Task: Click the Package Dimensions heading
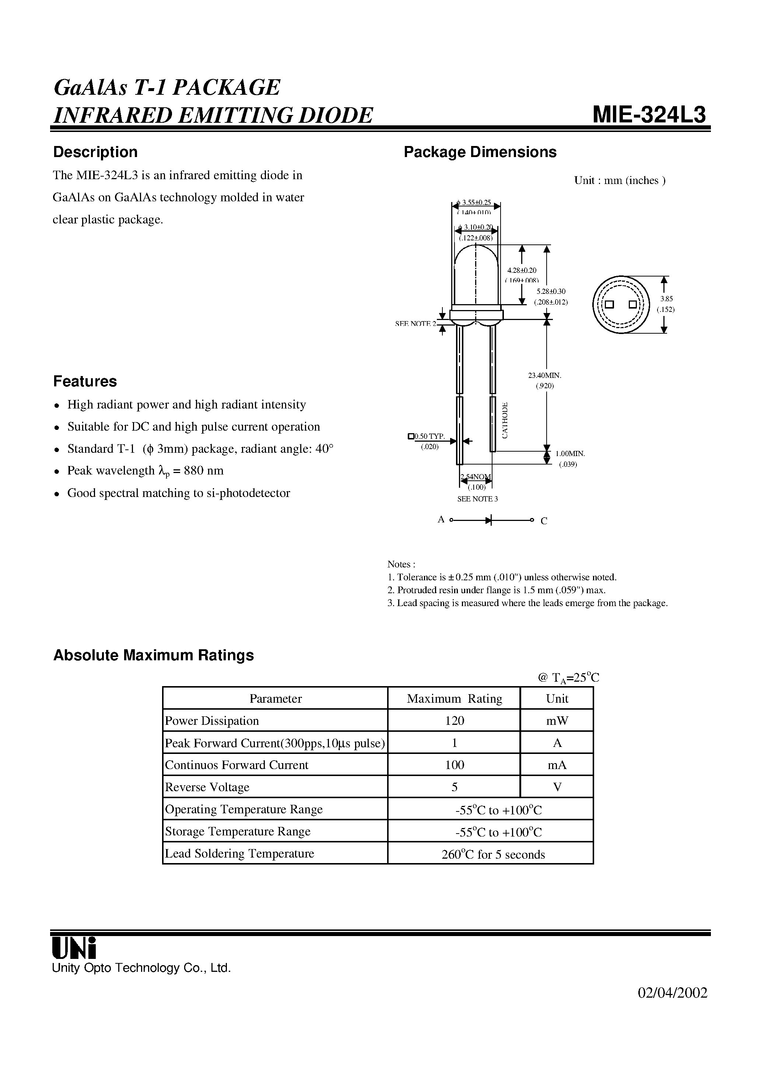coord(480,152)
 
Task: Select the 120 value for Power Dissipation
coord(454,721)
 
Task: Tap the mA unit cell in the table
coord(557,765)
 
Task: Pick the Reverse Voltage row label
coord(207,787)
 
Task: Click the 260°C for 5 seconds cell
coord(492,854)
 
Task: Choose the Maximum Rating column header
coord(454,699)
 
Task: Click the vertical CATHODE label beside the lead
coord(505,420)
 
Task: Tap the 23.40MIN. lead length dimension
coord(545,375)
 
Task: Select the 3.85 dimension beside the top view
coord(665,299)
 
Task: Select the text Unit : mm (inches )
coord(619,181)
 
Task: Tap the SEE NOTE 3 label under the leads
coord(477,498)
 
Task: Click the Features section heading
coord(85,381)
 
